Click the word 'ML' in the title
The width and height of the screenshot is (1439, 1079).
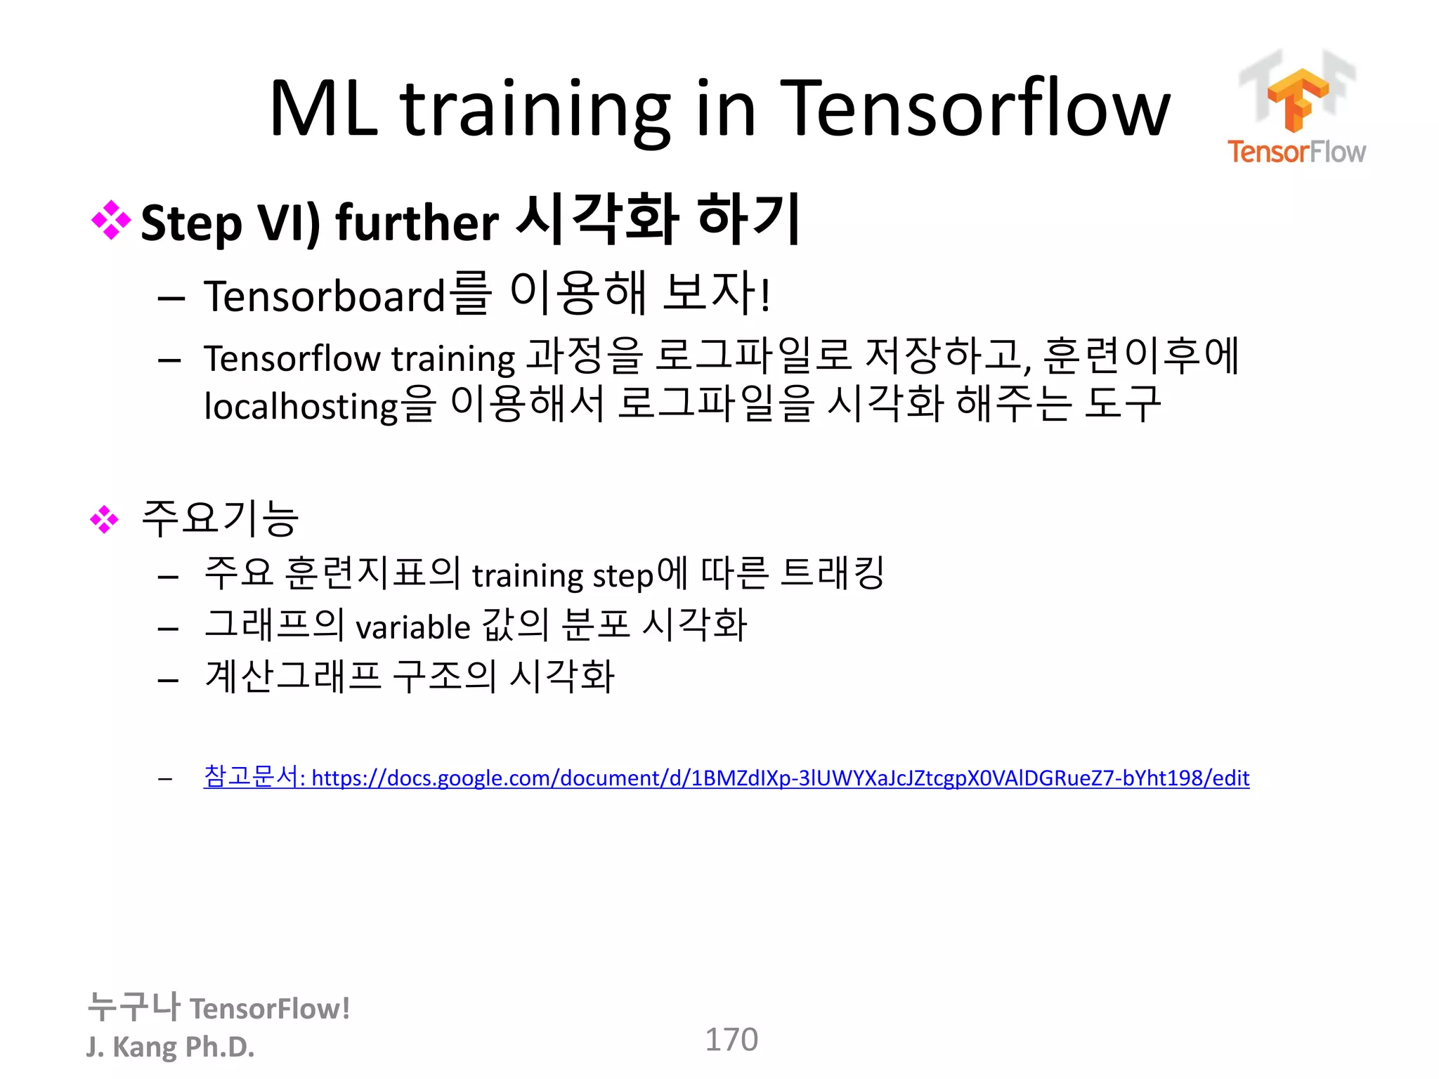pos(323,109)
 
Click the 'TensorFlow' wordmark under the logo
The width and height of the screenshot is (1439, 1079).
pos(1296,152)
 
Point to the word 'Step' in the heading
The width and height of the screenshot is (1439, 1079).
pos(191,223)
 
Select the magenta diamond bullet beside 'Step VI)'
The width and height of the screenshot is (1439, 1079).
pos(111,221)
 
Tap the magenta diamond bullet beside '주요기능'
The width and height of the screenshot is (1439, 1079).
pos(105,520)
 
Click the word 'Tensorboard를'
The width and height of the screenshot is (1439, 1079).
pos(346,295)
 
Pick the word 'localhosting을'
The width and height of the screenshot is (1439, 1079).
pos(320,405)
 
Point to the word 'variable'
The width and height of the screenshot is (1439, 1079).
pos(412,627)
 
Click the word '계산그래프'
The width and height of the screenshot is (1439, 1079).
pos(293,676)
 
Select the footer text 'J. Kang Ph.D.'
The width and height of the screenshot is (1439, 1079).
pos(170,1047)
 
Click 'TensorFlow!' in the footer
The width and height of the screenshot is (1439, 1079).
pos(270,1009)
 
